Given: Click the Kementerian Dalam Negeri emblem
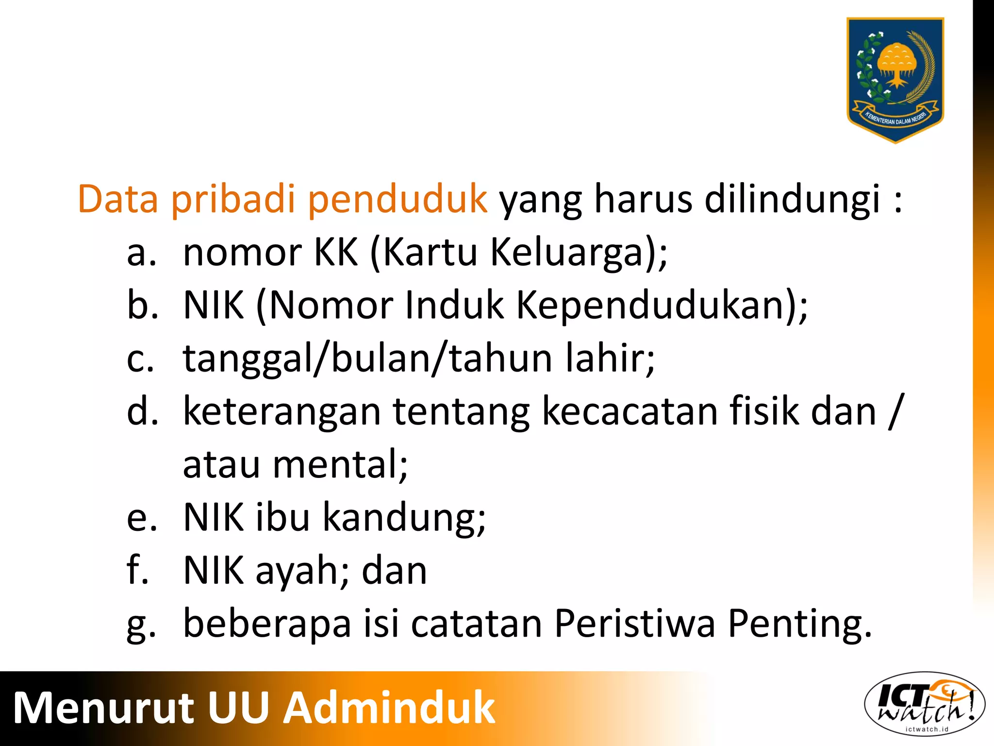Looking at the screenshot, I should (x=895, y=80).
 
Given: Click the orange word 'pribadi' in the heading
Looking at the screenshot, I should (x=233, y=200).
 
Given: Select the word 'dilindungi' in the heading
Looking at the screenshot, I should (x=792, y=200).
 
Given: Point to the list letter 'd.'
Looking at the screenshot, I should (x=142, y=411).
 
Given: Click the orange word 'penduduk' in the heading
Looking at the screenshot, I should (x=398, y=200).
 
